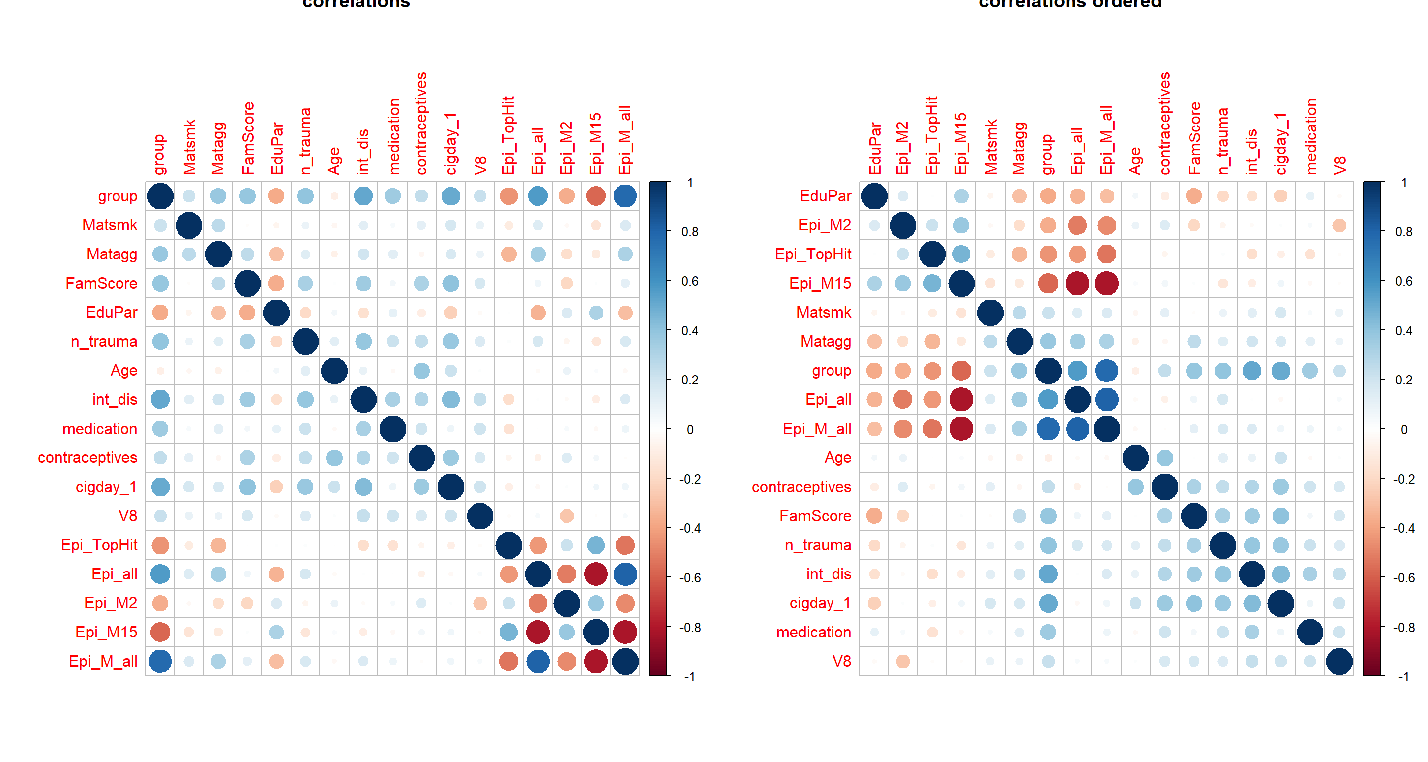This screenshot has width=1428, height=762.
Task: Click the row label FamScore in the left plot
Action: (x=102, y=283)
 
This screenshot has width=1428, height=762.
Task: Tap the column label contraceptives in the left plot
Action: (x=421, y=123)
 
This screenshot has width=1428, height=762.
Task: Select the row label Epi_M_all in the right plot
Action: (x=817, y=429)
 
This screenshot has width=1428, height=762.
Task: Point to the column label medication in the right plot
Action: (x=1310, y=136)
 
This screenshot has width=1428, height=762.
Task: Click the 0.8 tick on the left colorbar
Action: (x=690, y=232)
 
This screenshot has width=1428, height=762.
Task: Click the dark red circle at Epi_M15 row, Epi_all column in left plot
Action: (x=537, y=632)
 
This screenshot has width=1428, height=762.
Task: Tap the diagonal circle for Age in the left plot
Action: (x=334, y=371)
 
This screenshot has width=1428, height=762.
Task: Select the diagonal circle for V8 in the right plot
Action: (x=1339, y=661)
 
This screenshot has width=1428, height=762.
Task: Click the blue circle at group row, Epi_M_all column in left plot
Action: (x=625, y=196)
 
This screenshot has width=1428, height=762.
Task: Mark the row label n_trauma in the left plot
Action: (x=104, y=342)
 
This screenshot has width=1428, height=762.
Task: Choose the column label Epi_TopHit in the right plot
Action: (x=931, y=135)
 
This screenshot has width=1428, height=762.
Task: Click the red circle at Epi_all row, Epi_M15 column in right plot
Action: (x=961, y=399)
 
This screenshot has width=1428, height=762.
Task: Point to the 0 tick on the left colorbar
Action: (x=690, y=429)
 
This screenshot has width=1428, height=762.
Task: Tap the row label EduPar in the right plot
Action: (x=825, y=196)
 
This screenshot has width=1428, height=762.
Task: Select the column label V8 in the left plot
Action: (x=480, y=165)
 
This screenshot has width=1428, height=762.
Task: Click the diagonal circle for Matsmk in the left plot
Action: (x=189, y=225)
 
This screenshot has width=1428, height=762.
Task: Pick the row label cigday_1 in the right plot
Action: (x=820, y=603)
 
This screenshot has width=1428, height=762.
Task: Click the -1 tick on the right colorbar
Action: (x=1403, y=677)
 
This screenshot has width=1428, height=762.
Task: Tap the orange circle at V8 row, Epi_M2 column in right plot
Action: (x=902, y=661)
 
